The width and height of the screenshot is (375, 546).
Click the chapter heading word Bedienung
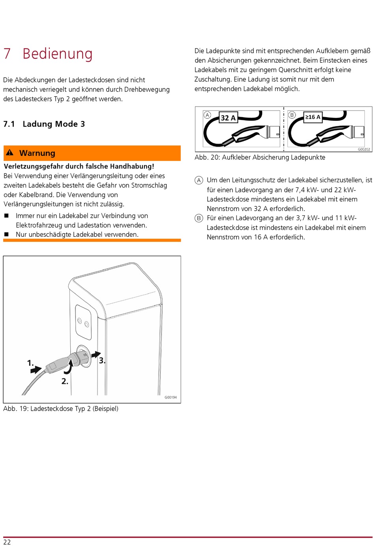58,54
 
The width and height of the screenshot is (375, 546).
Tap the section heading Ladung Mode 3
54,124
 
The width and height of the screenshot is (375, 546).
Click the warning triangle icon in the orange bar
10,153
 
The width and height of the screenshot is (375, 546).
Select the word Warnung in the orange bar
37,153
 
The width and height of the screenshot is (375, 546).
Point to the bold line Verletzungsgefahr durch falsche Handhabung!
79,166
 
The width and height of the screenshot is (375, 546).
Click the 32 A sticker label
228,118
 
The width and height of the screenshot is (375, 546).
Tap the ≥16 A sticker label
313,117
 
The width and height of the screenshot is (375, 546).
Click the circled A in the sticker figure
207,115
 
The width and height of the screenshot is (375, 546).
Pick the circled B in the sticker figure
292,115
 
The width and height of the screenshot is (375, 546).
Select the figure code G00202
364,150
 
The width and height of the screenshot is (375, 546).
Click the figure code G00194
171,397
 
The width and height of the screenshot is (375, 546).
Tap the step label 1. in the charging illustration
30,363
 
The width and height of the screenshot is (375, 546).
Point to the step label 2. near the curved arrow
65,381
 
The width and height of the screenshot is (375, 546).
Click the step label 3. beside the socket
102,360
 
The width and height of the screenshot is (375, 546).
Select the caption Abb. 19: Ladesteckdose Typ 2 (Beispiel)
61,409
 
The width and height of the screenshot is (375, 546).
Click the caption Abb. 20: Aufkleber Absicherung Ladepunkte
260,157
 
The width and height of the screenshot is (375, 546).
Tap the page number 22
7,542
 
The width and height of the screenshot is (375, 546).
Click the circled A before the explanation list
199,180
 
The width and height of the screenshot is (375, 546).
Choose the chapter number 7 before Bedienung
7,54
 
